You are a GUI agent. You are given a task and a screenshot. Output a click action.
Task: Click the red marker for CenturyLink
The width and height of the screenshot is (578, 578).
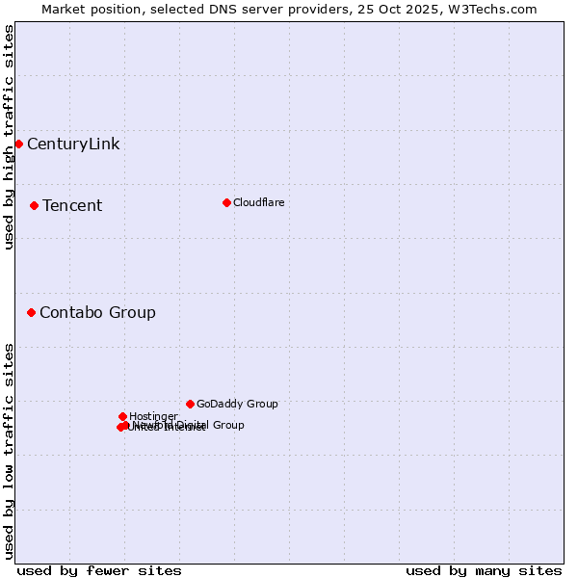coord(18,144)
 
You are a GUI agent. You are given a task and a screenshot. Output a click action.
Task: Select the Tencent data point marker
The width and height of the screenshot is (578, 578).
coord(34,205)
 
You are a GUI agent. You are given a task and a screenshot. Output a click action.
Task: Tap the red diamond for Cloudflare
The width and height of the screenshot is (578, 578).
coord(226,202)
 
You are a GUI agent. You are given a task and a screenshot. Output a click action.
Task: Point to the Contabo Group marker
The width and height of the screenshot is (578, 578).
coord(31,312)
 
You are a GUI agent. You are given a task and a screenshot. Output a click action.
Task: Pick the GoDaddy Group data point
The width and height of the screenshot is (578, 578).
coord(190,404)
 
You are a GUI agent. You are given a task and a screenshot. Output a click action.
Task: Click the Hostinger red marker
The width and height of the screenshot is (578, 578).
coord(122,416)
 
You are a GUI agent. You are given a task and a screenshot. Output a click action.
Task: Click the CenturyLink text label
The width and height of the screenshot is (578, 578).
coord(73,144)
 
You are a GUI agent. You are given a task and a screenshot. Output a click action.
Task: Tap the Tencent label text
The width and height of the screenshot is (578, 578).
coord(72,205)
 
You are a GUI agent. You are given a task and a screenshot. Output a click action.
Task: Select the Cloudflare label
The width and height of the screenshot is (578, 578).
coord(258,202)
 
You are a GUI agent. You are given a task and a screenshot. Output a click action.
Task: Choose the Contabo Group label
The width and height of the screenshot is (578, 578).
coord(97,312)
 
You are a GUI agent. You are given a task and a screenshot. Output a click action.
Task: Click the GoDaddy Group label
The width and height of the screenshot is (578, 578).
coord(237,404)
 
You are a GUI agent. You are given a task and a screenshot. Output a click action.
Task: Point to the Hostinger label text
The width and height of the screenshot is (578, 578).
coord(153,416)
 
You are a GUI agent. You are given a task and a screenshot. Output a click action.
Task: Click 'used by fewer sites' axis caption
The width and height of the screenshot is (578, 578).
coord(99,570)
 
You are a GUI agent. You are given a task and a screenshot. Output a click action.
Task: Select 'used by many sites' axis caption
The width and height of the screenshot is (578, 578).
coord(484,570)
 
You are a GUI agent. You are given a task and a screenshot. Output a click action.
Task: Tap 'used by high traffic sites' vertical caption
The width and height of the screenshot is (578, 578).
coord(10,137)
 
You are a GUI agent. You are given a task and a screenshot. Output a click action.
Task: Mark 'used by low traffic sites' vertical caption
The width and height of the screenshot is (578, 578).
coord(10,450)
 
